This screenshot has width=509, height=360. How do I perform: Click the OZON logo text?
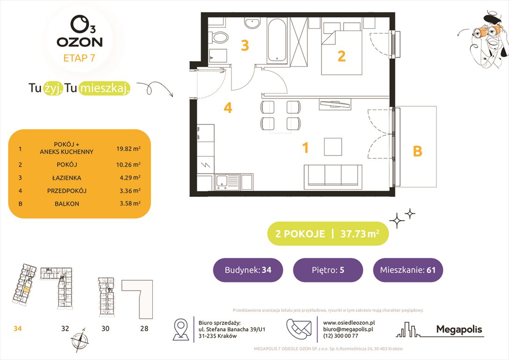(80, 41)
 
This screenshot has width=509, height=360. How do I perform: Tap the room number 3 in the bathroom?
(245, 45)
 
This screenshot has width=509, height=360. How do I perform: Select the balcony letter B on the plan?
(417, 151)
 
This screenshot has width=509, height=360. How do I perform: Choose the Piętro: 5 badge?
(328, 270)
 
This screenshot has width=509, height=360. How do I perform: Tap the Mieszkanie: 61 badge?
(408, 270)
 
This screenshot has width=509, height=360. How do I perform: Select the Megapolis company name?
(459, 330)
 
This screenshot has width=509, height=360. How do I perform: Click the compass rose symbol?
(79, 339)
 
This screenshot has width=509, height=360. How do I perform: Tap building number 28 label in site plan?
(144, 329)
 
